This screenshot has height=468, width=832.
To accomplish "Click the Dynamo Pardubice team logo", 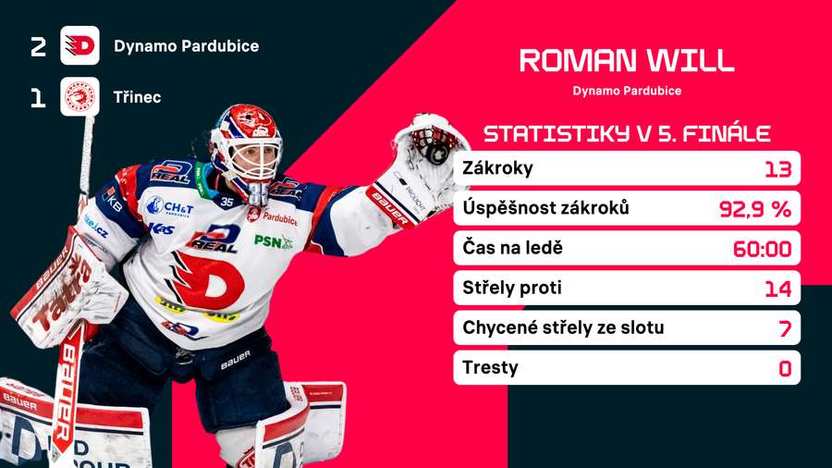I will coord(80,45).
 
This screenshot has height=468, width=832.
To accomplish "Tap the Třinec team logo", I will coord(80,96).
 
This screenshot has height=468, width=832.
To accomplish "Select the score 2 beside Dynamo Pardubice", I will coord(38,46).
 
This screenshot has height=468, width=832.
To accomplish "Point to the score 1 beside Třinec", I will coord(38,97).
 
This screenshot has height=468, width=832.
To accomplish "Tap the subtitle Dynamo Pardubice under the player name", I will coord(627,91).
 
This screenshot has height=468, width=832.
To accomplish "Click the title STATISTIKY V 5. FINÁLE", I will coord(627,133).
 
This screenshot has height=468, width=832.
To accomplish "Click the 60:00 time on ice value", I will coord(765,249).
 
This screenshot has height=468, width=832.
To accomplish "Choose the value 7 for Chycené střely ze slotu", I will coord(785,328).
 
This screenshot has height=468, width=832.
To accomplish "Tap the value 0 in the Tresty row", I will coord(785,368).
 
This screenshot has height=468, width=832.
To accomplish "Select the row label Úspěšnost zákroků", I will coord(545,208).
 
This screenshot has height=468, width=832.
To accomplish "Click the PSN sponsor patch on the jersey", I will coord(274,241).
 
